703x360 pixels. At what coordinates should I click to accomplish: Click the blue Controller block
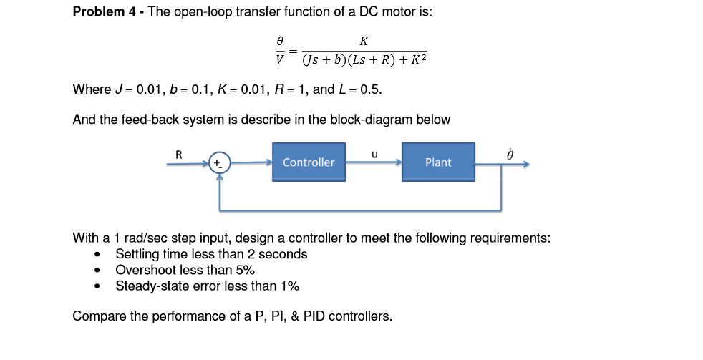tap(309, 162)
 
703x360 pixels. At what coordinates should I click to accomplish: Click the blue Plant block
tap(438, 162)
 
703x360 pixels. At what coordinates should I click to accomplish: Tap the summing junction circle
tap(220, 163)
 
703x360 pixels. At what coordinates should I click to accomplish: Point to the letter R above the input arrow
tap(179, 152)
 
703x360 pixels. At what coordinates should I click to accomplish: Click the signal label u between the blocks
tap(374, 152)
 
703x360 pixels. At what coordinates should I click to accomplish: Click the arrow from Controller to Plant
tap(373, 163)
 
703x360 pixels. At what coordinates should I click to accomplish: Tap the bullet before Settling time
tap(96, 255)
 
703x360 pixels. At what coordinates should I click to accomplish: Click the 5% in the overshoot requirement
tap(243, 270)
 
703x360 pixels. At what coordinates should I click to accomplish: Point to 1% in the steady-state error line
tap(289, 286)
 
